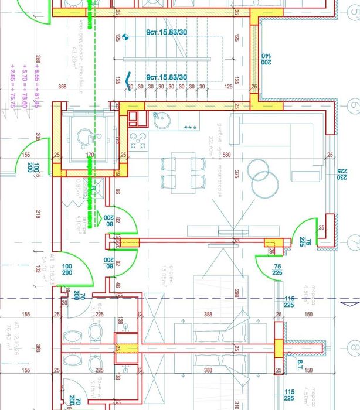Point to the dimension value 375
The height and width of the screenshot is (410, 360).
(x=237, y=175)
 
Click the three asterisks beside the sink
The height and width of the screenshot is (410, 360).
(x=190, y=127)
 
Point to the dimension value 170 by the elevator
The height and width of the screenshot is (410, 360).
(x=90, y=155)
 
